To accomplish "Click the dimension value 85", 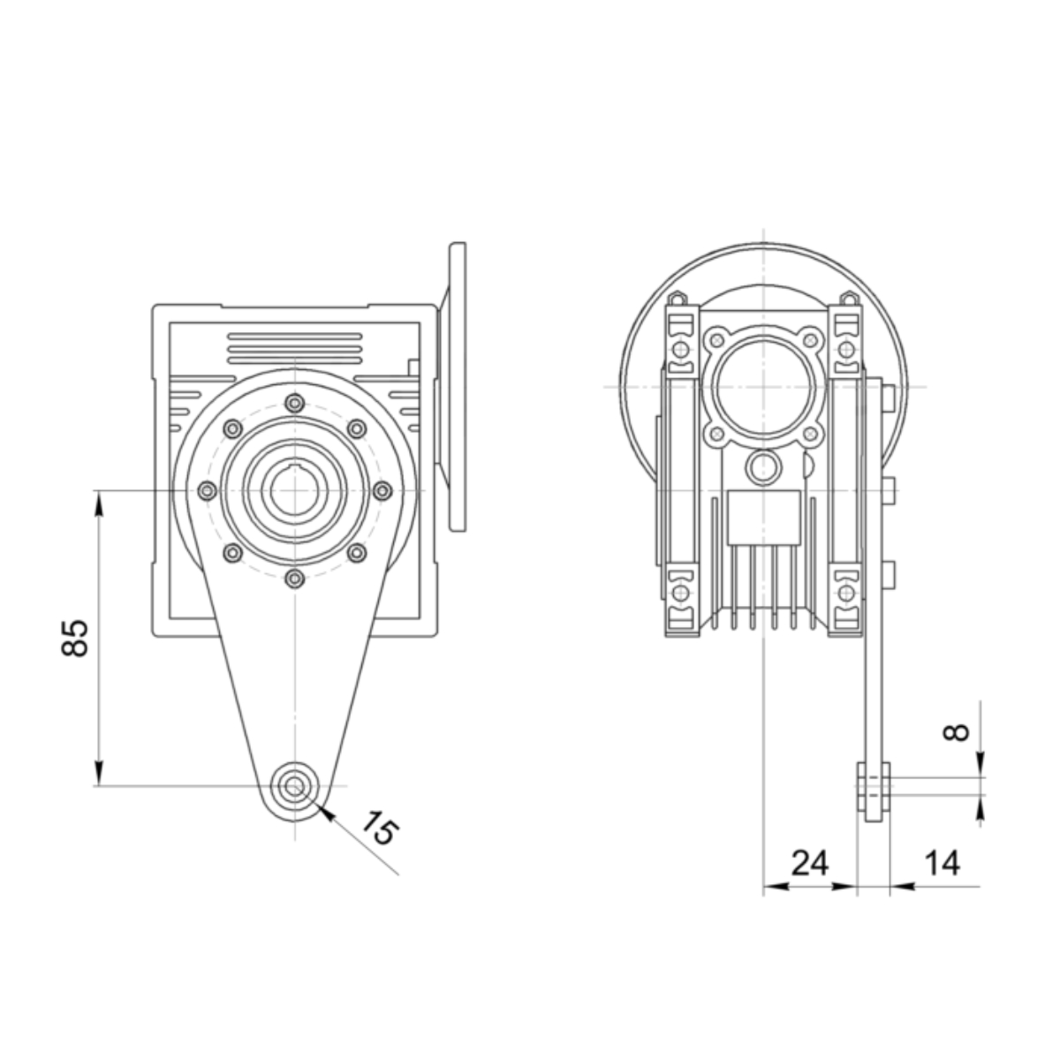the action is click(x=75, y=639).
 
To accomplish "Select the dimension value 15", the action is click(x=378, y=827).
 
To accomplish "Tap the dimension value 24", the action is click(x=810, y=863).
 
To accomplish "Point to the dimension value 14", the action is click(x=943, y=863).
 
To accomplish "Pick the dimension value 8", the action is click(x=957, y=732).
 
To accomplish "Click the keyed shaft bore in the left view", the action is click(x=295, y=489).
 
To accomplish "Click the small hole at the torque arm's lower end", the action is click(x=294, y=785).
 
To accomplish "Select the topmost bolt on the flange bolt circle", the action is click(x=295, y=404).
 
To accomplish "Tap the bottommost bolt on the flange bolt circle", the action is click(x=295, y=578).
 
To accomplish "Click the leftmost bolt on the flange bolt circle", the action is click(x=207, y=490).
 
